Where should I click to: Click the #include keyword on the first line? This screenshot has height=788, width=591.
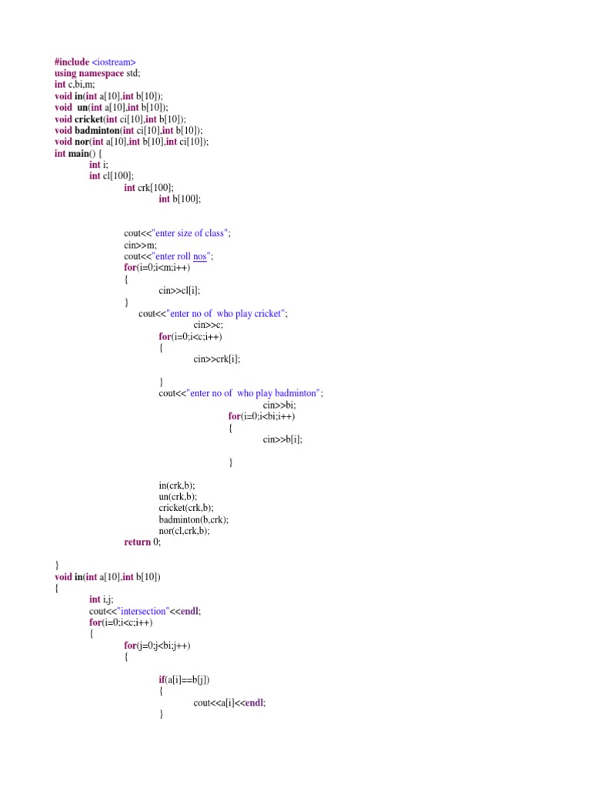[72, 62]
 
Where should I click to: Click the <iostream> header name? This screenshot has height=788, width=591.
[114, 62]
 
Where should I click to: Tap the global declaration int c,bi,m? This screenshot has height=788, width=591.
[75, 85]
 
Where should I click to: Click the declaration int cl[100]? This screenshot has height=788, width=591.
[112, 176]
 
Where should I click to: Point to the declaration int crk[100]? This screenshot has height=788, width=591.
[149, 188]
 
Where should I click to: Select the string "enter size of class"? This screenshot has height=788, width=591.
[190, 233]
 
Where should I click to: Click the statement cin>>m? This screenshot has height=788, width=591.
[140, 245]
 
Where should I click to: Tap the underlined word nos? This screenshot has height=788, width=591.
[200, 256]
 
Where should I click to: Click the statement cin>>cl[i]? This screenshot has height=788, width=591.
[179, 290]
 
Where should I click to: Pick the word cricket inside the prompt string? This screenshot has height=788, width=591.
[267, 314]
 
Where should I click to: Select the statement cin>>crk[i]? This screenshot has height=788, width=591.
[216, 359]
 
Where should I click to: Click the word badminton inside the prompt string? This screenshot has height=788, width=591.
[295, 393]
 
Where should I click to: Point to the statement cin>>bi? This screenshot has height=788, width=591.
[279, 405]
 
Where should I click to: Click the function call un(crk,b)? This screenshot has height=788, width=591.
[178, 496]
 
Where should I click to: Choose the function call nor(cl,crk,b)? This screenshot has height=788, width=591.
[184, 531]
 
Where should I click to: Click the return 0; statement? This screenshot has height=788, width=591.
[142, 543]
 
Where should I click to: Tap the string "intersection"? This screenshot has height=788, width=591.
[142, 611]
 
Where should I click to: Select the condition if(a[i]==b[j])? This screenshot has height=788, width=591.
[184, 680]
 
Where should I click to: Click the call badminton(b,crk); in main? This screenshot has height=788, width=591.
[193, 519]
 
